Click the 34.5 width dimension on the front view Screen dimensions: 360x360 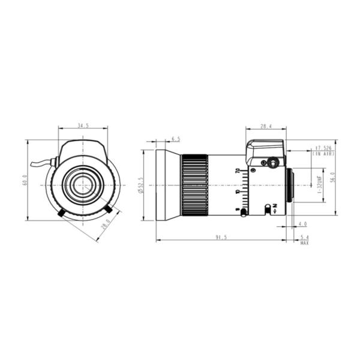click(83, 126)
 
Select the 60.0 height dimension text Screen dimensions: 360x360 click(25, 180)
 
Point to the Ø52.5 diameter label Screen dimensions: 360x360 click(140, 185)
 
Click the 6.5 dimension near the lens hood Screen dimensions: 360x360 click(176, 139)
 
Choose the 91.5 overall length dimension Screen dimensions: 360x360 click(221, 238)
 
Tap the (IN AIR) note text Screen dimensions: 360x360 click(323, 154)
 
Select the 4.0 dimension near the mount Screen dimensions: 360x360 click(302, 224)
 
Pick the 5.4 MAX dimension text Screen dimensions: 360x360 click(304, 239)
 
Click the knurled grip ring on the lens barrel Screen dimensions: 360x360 click(194, 184)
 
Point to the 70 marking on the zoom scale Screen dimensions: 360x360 click(238, 171)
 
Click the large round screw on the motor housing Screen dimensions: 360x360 click(273, 163)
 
